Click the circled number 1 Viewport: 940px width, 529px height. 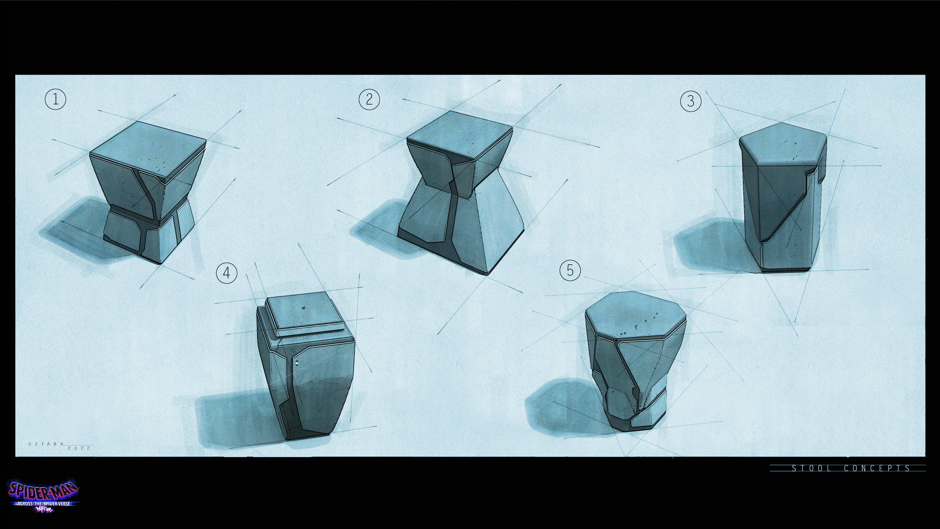(x=56, y=99)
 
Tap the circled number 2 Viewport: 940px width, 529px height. (x=369, y=99)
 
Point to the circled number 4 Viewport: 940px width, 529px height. (x=227, y=273)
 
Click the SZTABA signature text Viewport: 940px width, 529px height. (x=46, y=444)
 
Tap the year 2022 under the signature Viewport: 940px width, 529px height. (x=79, y=448)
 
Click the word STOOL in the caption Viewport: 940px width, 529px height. (x=811, y=468)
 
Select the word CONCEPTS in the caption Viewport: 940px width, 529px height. (x=877, y=468)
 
